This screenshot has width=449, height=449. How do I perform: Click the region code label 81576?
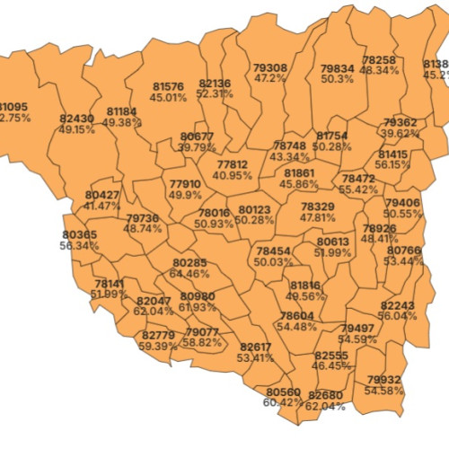(168, 86)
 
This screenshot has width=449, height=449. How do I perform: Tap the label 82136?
(215, 84)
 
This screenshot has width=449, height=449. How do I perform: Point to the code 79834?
(337, 68)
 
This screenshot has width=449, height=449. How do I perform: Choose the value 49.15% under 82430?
(76, 129)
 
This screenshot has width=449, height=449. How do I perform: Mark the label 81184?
(122, 111)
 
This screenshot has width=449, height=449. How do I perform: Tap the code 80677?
(197, 136)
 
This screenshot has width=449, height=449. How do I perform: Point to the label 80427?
(101, 195)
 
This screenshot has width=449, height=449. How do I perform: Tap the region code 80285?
(189, 263)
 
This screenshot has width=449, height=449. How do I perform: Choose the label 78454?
(273, 251)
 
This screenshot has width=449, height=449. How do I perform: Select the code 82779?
(158, 335)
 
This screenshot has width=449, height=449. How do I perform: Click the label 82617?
(255, 347)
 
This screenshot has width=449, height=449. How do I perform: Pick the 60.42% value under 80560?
(284, 403)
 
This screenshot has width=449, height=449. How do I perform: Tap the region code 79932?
(383, 380)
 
